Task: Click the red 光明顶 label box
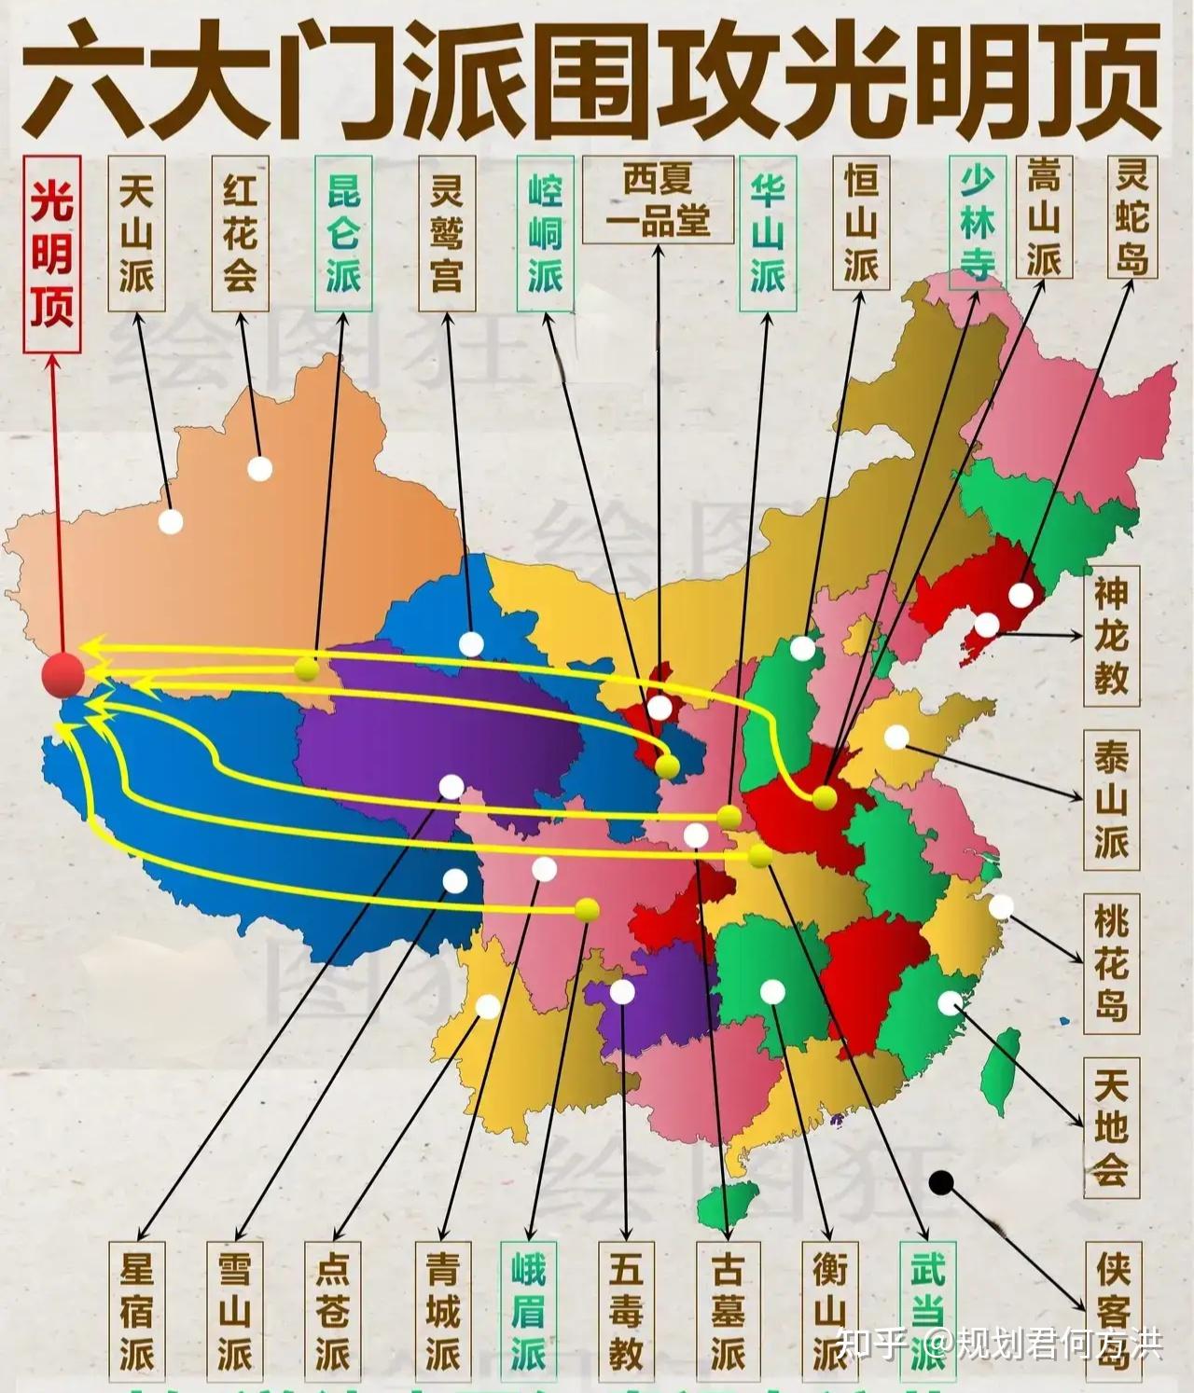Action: point(51,254)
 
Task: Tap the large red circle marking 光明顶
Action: point(63,675)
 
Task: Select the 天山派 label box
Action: point(136,233)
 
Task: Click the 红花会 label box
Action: point(240,233)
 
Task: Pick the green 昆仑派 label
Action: point(343,233)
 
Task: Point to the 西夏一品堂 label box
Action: point(658,200)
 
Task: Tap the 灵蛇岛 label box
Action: point(1132,216)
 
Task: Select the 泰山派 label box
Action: point(1111,800)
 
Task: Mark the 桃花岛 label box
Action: point(1111,962)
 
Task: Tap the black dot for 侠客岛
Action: point(941,1183)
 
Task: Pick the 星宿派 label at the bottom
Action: point(136,1311)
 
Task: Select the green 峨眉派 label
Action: point(528,1311)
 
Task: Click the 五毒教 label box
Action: point(626,1311)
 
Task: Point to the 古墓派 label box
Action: point(727,1311)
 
